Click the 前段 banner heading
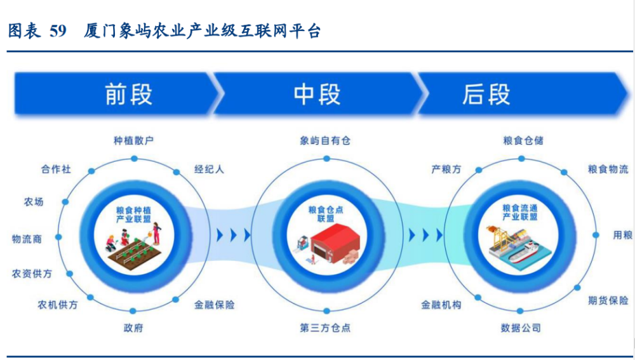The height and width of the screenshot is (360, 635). (x=128, y=94)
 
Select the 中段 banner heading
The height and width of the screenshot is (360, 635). (x=317, y=94)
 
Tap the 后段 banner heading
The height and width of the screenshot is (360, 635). (x=486, y=94)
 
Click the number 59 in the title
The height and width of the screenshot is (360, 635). (x=58, y=30)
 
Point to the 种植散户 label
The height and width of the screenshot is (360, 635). (x=133, y=140)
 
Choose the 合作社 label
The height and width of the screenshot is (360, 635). (x=56, y=169)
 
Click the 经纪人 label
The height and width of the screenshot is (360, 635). (x=209, y=169)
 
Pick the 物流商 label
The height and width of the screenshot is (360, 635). (x=27, y=239)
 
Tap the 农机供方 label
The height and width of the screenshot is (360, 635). (x=58, y=305)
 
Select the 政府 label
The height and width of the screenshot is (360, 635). (x=133, y=328)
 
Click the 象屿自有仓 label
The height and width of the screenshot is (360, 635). (x=325, y=140)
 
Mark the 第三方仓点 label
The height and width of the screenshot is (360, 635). (x=325, y=328)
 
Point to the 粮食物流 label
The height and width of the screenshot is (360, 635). (x=608, y=169)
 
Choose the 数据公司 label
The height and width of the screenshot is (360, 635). (x=521, y=328)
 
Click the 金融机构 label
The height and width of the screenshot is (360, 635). (x=441, y=305)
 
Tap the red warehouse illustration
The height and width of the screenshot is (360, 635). (x=335, y=243)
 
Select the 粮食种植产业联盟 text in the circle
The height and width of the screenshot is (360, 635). (x=133, y=215)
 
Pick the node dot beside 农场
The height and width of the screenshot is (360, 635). (x=65, y=202)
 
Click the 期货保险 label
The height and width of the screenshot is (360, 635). (x=608, y=300)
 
